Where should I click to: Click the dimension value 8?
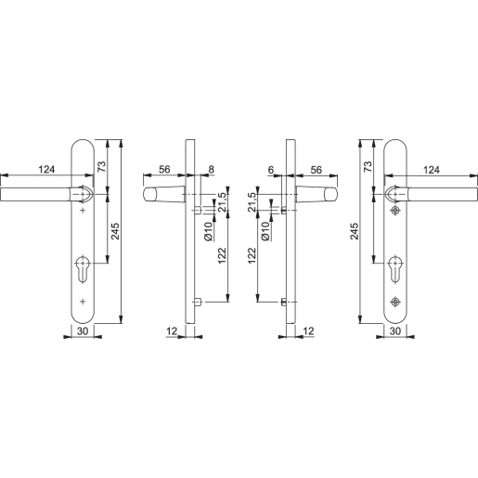tap(211, 171)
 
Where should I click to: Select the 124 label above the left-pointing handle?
tap(45, 169)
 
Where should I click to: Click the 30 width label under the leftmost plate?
tap(83, 331)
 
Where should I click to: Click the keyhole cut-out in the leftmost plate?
tap(83, 271)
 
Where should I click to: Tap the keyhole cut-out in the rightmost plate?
tap(396, 271)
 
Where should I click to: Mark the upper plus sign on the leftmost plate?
tap(83, 213)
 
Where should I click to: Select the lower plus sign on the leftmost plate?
tap(83, 302)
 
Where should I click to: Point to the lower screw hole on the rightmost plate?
tap(396, 302)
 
